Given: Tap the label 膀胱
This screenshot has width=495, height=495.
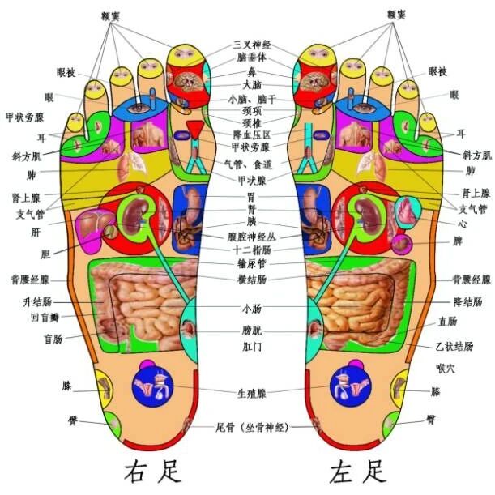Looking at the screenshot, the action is coord(250,331).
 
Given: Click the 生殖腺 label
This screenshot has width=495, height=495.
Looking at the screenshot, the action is coord(250,393).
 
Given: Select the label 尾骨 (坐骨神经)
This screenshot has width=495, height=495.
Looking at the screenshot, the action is coord(251,426).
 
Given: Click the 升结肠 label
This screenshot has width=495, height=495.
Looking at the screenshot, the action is coord(38,301).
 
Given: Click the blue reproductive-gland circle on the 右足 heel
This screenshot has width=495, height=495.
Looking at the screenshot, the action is coord(152,378).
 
